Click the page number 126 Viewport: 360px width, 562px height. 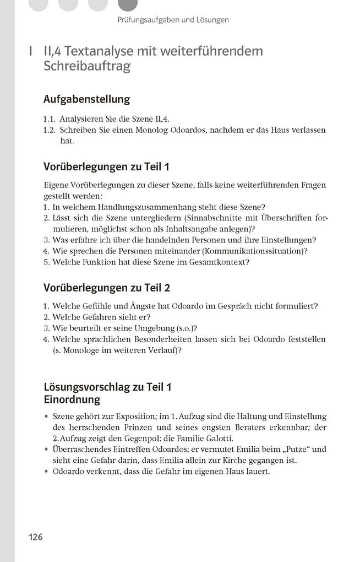36,537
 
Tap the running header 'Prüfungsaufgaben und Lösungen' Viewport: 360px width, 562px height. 173,20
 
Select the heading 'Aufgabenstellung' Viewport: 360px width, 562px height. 86,99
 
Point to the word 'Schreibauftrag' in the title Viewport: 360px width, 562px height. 86,67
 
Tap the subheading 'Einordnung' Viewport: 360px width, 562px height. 72,399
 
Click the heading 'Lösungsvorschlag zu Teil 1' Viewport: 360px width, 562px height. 107,387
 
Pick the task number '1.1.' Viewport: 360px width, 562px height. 50,118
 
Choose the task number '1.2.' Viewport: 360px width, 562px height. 50,130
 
